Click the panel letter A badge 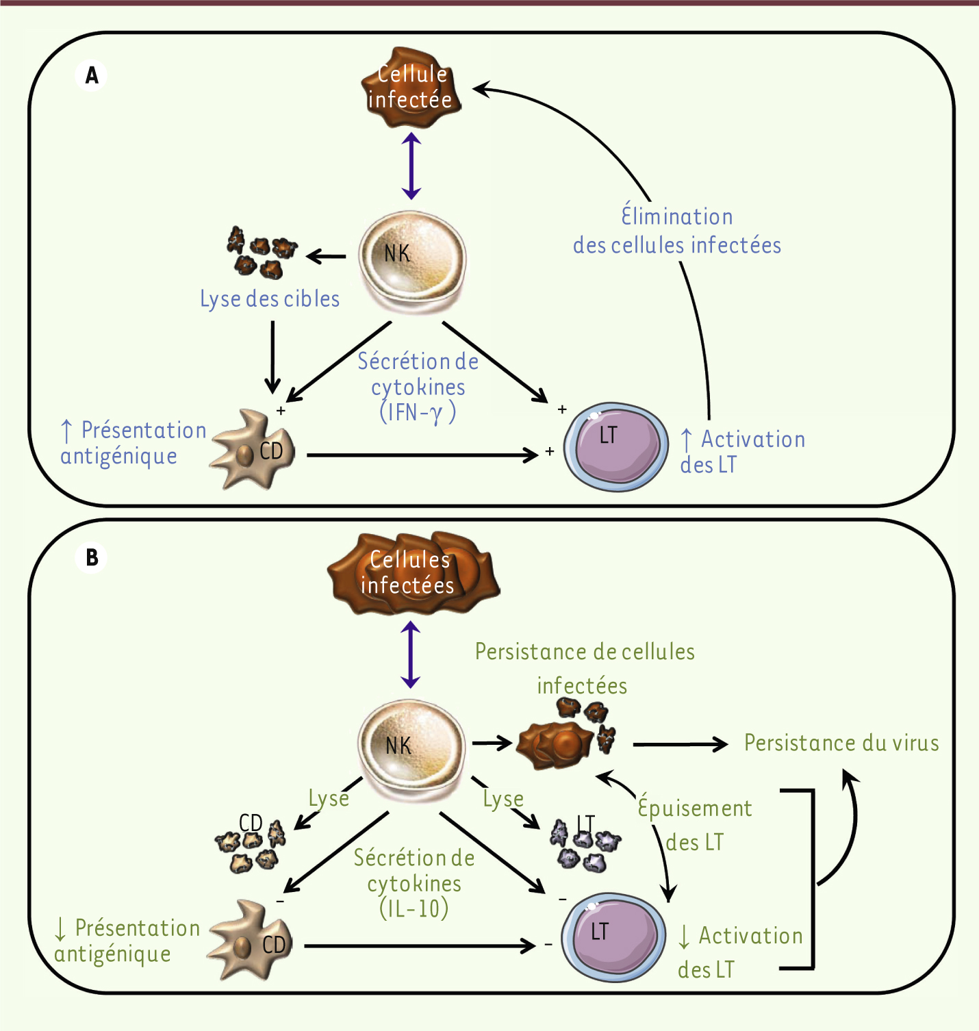click(x=92, y=75)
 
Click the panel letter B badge click(x=92, y=558)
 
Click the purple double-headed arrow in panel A click(x=411, y=166)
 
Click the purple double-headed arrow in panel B click(x=411, y=654)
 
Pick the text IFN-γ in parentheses click(x=418, y=412)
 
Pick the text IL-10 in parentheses click(x=414, y=908)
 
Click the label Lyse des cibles click(x=270, y=299)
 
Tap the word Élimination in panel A click(x=676, y=216)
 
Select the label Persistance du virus click(x=841, y=743)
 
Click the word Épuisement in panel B click(x=695, y=808)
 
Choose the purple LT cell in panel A click(x=615, y=446)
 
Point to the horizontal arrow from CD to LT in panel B click(x=419, y=946)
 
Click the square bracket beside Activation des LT click(x=812, y=880)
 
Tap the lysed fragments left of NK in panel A click(x=262, y=252)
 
